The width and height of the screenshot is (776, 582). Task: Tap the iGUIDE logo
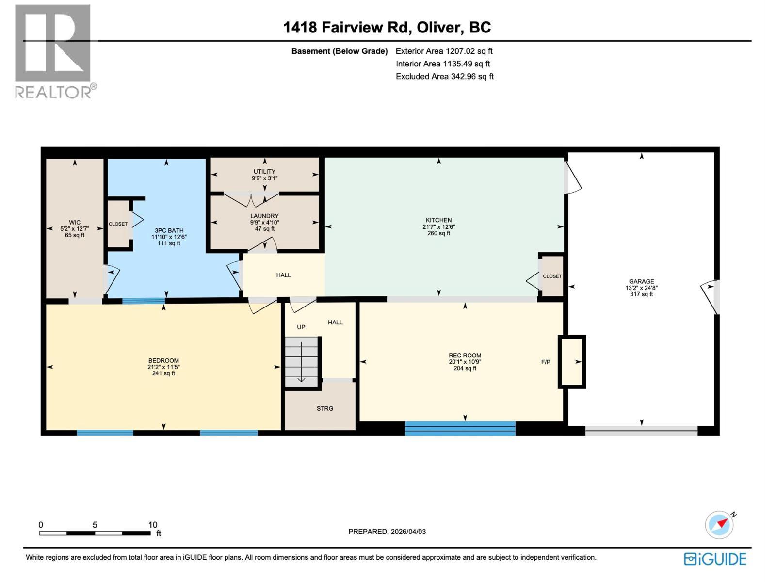click(715, 559)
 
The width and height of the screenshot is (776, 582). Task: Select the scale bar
click(95, 533)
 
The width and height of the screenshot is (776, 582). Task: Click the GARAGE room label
click(641, 281)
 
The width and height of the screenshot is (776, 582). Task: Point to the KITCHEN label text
click(438, 220)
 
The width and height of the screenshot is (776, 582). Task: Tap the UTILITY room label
click(264, 171)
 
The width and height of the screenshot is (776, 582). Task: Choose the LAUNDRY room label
click(264, 216)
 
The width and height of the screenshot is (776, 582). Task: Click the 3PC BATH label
click(169, 231)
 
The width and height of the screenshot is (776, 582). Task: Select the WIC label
click(75, 222)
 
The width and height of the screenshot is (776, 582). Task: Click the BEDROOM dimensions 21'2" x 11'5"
click(163, 367)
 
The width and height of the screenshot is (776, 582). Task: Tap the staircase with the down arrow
click(301, 361)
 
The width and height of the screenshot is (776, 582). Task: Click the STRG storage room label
click(325, 408)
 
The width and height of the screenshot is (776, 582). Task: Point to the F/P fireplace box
click(571, 362)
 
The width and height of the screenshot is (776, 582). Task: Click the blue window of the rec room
click(460, 428)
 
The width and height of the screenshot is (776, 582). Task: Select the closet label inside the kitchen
click(552, 276)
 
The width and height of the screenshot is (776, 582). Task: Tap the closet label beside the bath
click(118, 224)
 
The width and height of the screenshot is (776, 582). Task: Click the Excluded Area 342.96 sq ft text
click(444, 76)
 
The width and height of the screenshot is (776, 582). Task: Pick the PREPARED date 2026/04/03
click(387, 531)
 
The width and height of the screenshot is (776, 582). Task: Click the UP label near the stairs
click(301, 327)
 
